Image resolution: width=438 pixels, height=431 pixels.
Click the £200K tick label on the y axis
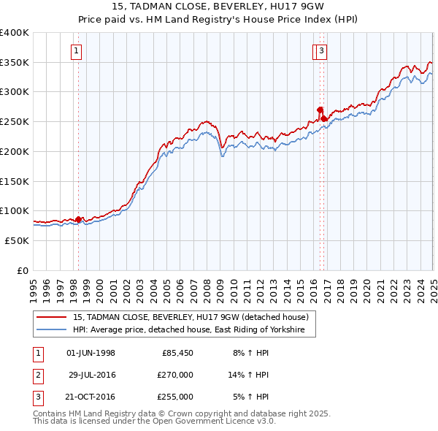click(15, 151)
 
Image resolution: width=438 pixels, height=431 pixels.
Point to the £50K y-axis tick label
click(17, 240)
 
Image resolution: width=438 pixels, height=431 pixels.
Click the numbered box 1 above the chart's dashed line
click(77, 51)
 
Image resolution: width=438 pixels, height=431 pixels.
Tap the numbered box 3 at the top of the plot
click(321, 51)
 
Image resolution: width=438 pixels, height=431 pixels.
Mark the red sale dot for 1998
click(79, 219)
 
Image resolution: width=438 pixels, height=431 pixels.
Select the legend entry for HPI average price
click(193, 330)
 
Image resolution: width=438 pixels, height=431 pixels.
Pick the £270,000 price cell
click(175, 375)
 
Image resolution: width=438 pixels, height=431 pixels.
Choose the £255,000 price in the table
click(175, 397)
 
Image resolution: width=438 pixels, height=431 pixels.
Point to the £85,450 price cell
click(177, 353)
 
